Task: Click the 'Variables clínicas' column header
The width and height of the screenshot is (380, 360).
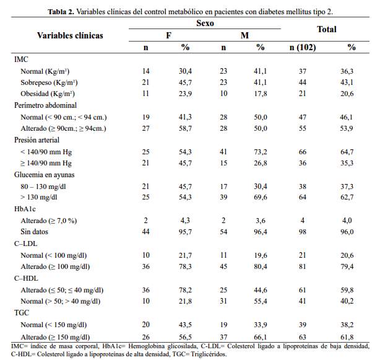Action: coord(70,35)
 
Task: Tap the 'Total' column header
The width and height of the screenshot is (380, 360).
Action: coord(326,29)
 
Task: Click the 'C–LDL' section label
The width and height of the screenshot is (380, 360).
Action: coord(26,244)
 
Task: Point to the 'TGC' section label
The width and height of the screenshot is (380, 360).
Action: coord(22,313)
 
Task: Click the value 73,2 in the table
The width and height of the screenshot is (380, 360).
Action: coord(261,151)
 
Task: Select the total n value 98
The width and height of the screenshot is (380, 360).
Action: coord(303,232)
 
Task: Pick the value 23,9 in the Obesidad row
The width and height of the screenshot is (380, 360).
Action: coord(185,94)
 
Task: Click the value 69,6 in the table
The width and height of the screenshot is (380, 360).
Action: coord(261,197)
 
